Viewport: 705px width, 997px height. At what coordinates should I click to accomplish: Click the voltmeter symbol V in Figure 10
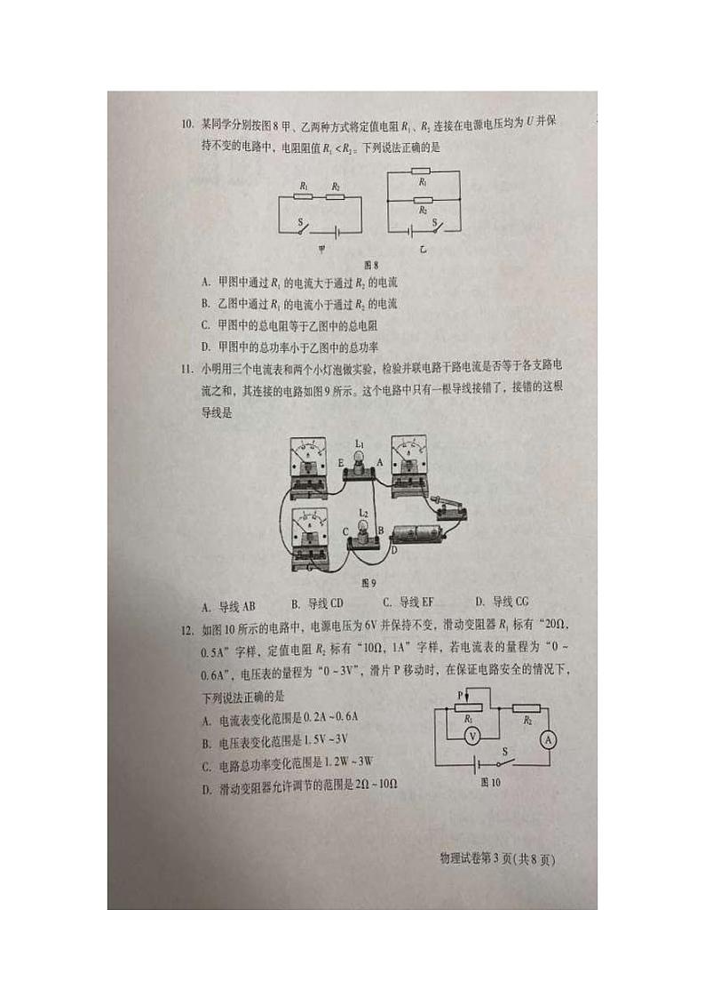coord(473,736)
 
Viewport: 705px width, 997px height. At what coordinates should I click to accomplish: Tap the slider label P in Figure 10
coord(461,694)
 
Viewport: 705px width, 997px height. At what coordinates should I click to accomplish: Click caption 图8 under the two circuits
coord(371,265)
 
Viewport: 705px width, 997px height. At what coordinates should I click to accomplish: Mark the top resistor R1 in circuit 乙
coord(423,171)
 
